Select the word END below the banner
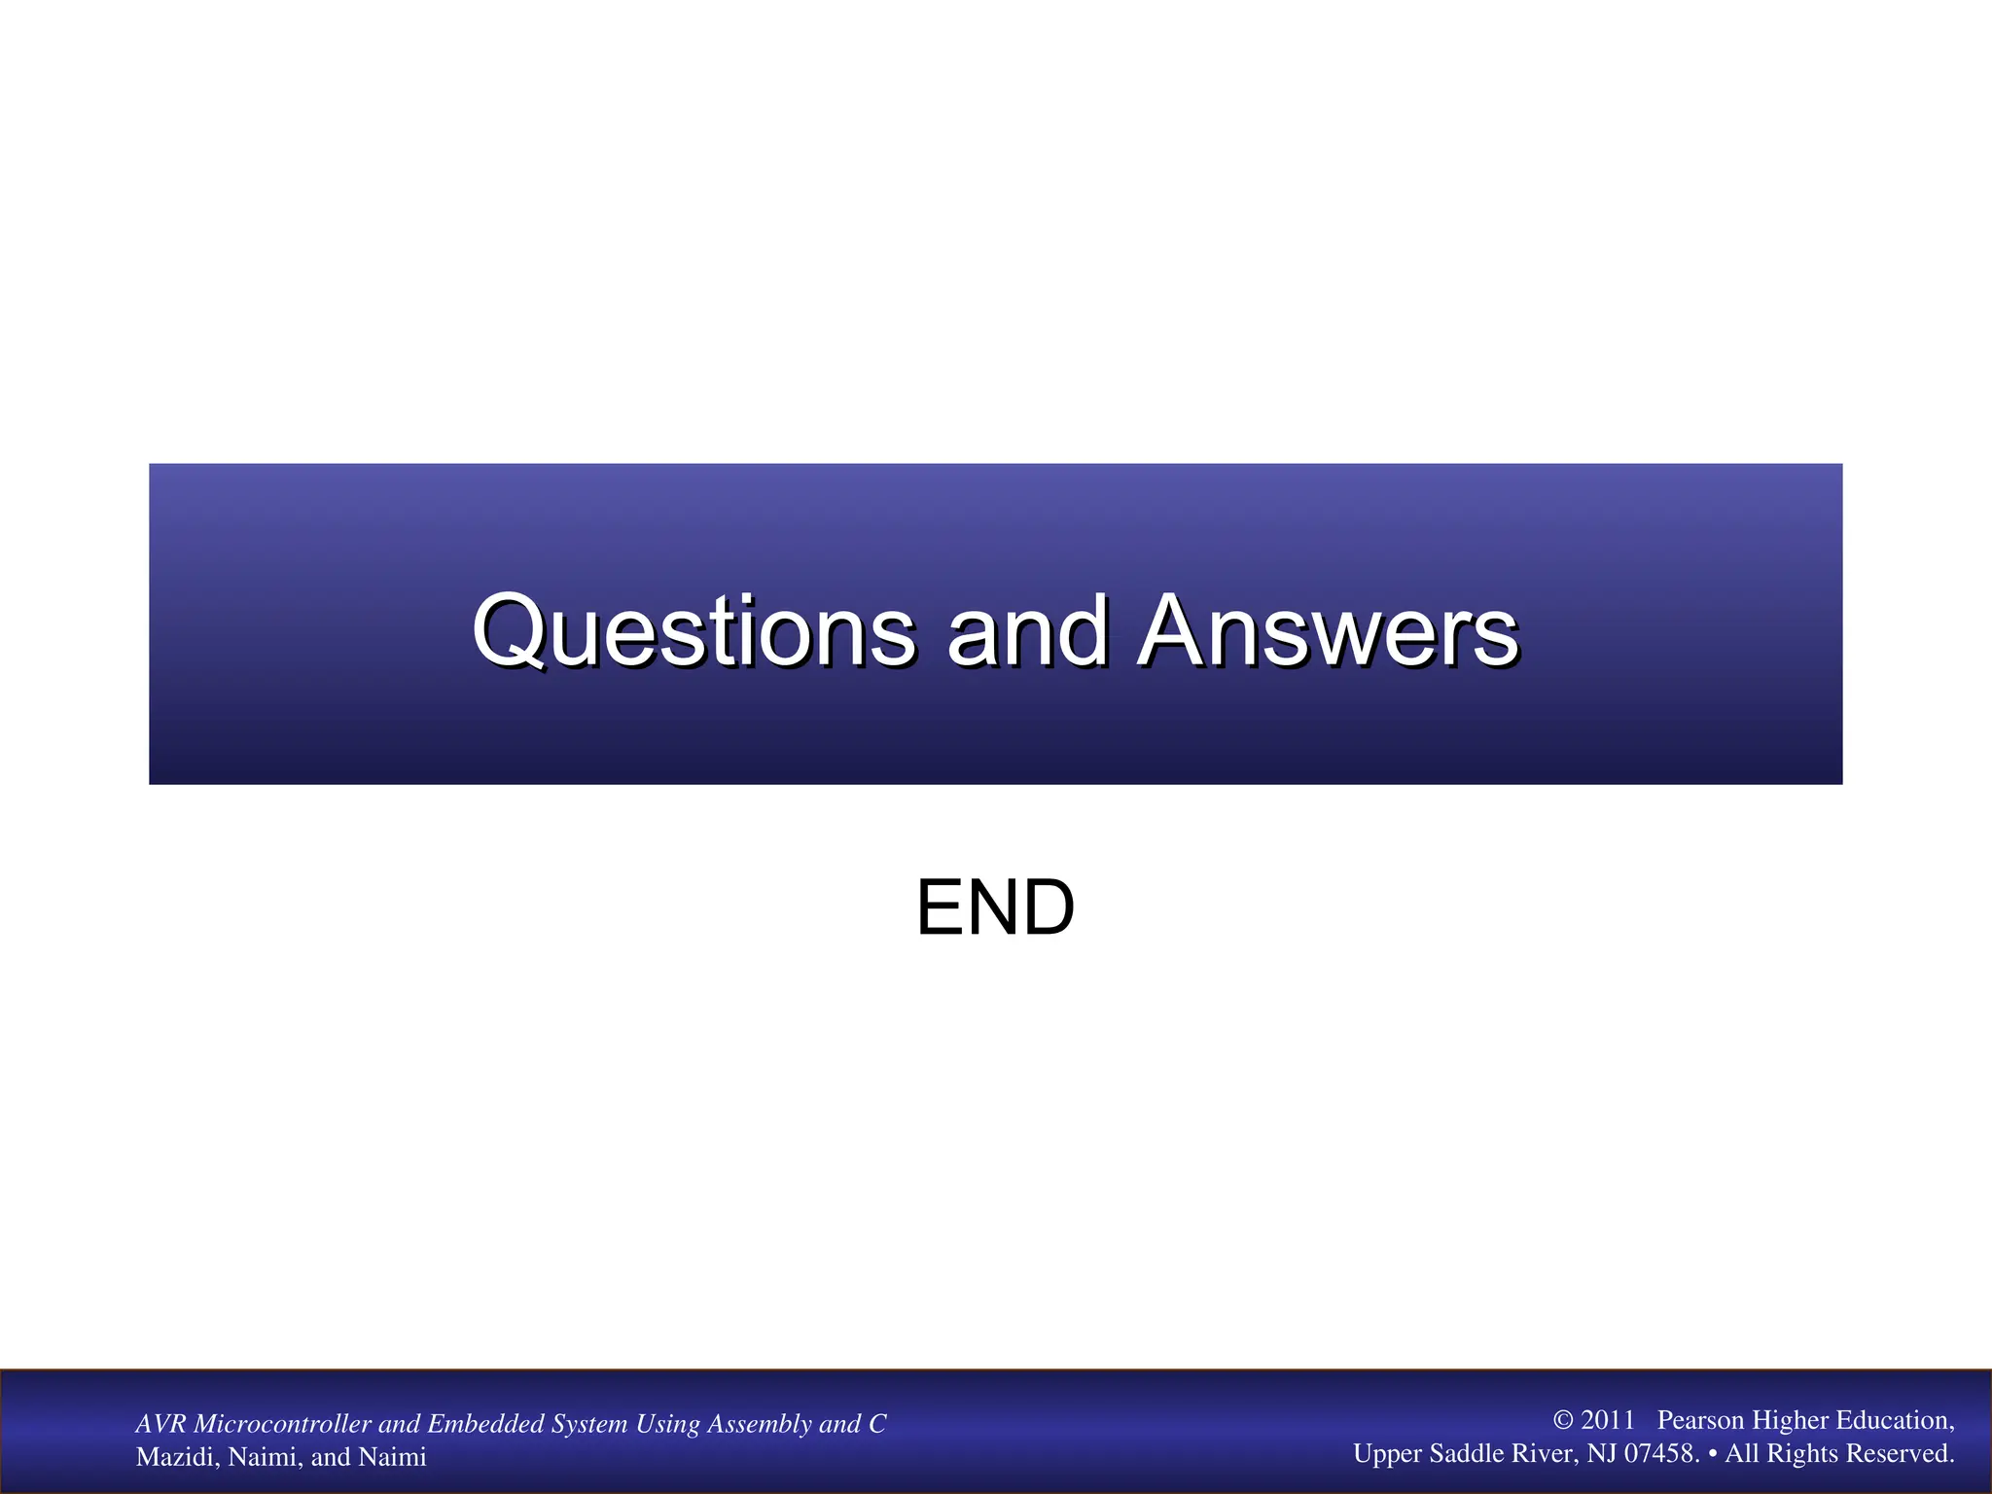[995, 907]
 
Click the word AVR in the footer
[161, 1424]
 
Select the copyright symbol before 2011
[1563, 1420]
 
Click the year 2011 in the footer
[1608, 1420]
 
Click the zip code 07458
[1661, 1453]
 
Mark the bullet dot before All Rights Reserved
[1713, 1453]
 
